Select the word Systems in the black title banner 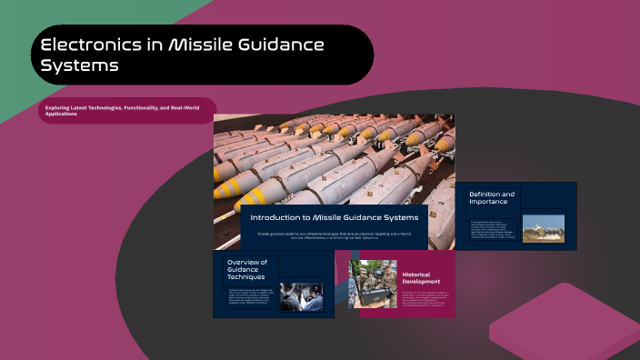(x=79, y=66)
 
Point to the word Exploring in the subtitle (x=57, y=108)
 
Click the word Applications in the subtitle (x=61, y=114)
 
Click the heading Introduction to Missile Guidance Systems (x=334, y=217)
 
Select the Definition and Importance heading (x=492, y=198)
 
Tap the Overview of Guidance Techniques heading (x=246, y=268)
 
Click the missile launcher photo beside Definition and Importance (x=543, y=229)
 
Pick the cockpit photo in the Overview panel (x=300, y=296)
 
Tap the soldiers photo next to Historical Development (x=373, y=284)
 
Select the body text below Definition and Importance (x=492, y=228)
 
